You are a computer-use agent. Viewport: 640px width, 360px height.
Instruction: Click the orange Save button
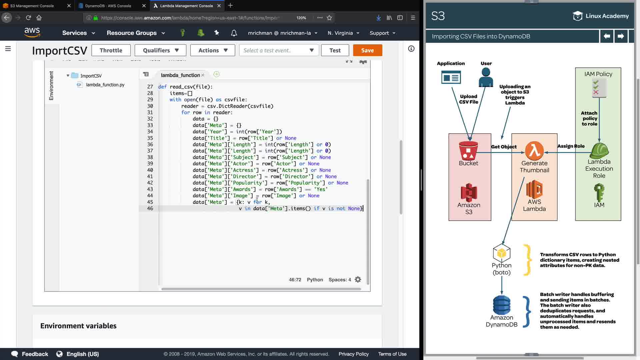[367, 50]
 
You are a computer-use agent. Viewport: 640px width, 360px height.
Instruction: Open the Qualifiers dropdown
[161, 50]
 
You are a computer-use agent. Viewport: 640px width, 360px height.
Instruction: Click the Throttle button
[111, 50]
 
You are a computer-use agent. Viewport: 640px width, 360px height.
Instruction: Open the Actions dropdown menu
[213, 50]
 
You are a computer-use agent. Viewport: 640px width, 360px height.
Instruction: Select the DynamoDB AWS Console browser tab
[108, 6]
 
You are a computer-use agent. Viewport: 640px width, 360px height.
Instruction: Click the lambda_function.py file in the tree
[105, 85]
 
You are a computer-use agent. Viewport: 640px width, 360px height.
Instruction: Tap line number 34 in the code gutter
[150, 132]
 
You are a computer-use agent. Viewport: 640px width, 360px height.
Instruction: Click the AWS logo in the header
[32, 32]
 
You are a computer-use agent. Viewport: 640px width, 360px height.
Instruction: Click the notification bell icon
[234, 33]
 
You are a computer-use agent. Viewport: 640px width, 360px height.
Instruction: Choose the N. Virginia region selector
[343, 33]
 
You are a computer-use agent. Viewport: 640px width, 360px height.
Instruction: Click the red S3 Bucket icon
[468, 151]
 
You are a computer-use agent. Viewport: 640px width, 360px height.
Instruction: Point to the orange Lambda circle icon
[534, 151]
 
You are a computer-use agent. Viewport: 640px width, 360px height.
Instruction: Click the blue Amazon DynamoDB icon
[502, 305]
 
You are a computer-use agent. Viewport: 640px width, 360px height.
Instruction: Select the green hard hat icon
[599, 151]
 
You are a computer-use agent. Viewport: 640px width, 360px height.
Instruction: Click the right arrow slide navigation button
[621, 36]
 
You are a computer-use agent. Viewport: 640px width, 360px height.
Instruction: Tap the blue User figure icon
[486, 77]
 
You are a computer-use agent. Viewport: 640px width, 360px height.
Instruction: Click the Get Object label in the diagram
[504, 147]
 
